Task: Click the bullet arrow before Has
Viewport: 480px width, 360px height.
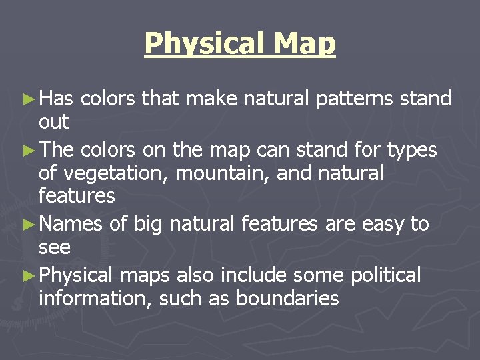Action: pos(31,100)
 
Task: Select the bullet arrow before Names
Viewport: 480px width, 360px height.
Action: pos(31,224)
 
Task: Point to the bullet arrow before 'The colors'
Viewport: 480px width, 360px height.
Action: pos(31,150)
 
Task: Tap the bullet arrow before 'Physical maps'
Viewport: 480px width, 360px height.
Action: pos(31,274)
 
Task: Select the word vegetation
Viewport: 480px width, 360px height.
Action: pos(111,174)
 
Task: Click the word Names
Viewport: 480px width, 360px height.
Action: pos(71,224)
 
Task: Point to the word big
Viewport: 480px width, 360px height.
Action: pos(146,224)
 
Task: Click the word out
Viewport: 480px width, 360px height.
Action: pos(54,123)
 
